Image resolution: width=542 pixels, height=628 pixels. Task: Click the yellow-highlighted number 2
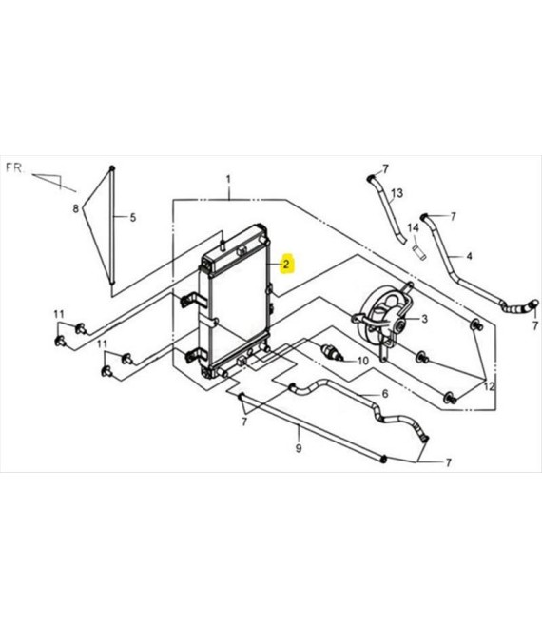click(286, 264)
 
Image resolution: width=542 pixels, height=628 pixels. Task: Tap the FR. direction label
click(15, 167)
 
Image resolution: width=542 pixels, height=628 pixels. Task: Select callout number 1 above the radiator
click(228, 179)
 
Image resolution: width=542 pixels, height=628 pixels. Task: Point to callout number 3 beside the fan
click(425, 319)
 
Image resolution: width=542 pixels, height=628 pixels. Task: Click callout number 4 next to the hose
click(469, 256)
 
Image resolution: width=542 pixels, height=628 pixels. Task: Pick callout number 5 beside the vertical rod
click(133, 218)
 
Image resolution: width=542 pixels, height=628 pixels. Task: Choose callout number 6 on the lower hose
click(385, 394)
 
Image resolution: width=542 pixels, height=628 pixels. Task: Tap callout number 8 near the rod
click(76, 208)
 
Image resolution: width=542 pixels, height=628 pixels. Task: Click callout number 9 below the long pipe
click(299, 448)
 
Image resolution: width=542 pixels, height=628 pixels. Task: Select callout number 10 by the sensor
click(362, 361)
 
